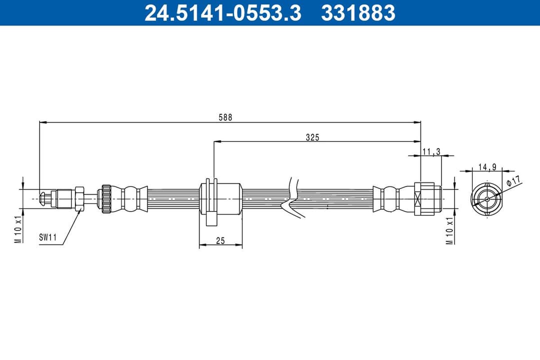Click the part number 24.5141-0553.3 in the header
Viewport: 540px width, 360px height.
coord(223,13)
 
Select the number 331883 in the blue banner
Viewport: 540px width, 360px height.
coord(358,13)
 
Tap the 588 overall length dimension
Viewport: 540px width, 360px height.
coord(225,117)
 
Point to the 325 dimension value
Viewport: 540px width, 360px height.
coord(312,137)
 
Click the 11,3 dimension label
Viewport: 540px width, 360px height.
coord(431,151)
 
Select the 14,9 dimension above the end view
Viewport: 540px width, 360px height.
coord(486,167)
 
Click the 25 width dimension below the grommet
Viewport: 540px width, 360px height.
coord(220,241)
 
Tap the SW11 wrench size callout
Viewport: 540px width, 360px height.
coord(47,238)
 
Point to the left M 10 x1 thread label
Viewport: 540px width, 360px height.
coord(18,229)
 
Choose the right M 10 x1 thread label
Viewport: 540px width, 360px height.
coord(449,230)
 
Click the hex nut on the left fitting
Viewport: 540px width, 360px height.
coord(79,198)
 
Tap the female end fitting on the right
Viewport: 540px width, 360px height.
coord(428,198)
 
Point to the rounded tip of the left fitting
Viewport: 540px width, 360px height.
coord(44,198)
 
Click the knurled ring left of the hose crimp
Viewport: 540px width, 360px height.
coord(106,198)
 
